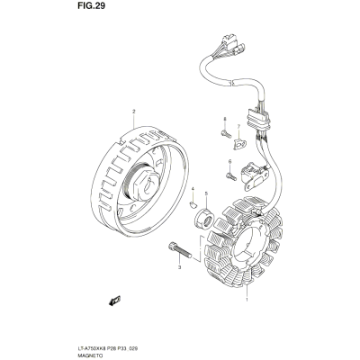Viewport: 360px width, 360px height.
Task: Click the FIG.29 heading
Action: (91, 6)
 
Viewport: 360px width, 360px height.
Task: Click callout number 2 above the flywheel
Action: (134, 112)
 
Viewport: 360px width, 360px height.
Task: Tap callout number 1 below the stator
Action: (247, 300)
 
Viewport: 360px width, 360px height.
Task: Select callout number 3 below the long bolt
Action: (180, 267)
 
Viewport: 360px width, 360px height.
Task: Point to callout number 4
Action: (193, 188)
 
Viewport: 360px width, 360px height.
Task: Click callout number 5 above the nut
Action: (206, 193)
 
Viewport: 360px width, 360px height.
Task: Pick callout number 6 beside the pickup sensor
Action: (230, 162)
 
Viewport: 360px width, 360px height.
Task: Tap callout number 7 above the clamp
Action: (238, 126)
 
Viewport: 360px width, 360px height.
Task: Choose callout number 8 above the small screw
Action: (224, 120)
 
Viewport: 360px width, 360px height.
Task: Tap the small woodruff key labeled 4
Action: (193, 205)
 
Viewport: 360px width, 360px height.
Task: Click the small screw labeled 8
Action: (226, 134)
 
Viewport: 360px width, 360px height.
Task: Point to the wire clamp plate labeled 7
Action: (240, 144)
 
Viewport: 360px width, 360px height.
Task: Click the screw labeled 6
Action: (231, 176)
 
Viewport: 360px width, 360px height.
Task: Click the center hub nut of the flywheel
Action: (146, 186)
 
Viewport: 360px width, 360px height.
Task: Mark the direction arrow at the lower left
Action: (114, 301)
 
